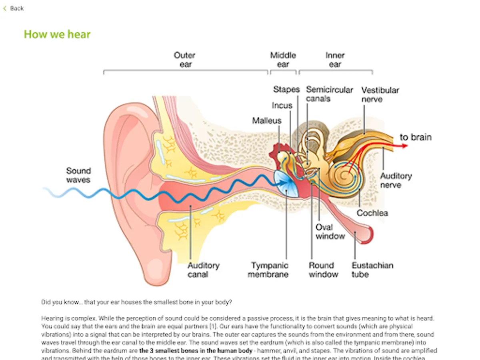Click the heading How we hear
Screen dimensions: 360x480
pos(57,34)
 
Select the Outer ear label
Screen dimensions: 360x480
pos(185,60)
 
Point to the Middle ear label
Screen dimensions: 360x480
pos(283,60)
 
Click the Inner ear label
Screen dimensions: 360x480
pos(335,60)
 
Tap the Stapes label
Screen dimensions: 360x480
pos(286,90)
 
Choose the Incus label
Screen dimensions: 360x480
pos(282,106)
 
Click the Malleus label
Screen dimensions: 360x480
pos(267,121)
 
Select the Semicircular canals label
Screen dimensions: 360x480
pos(330,94)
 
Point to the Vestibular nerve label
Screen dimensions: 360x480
pos(380,95)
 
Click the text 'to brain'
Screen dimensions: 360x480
pos(416,137)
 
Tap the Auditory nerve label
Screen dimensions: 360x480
pos(396,180)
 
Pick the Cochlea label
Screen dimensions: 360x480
pos(372,213)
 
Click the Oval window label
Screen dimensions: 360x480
pos(330,232)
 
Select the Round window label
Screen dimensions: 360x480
pos(323,270)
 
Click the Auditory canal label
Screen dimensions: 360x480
pos(204,270)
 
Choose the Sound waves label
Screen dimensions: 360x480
pos(78,175)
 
